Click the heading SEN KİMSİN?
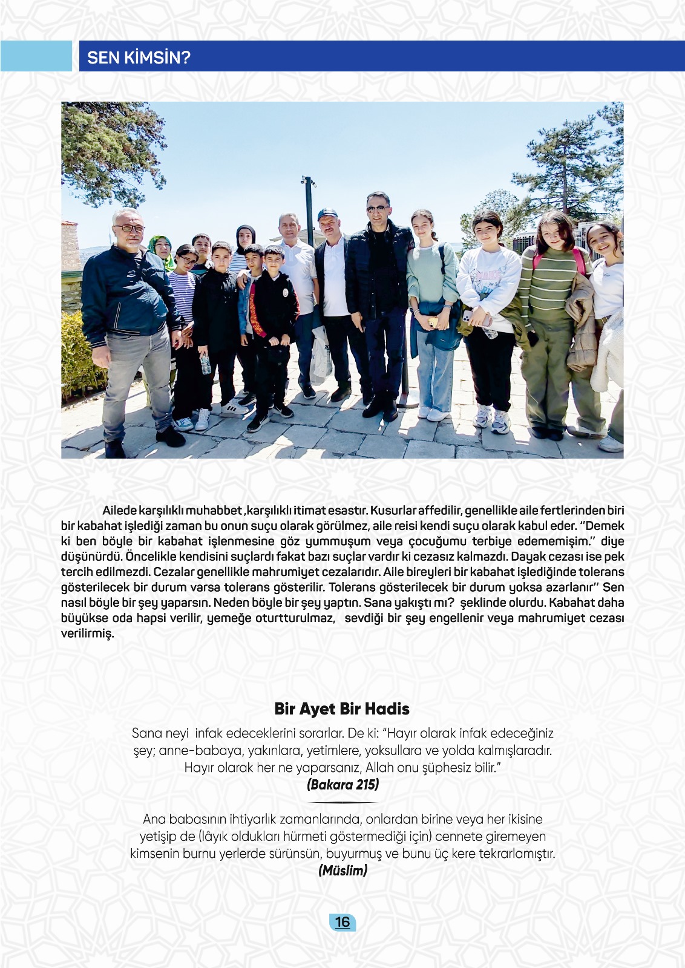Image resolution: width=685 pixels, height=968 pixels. pos(139,57)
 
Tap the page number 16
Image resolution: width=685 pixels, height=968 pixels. pos(342,921)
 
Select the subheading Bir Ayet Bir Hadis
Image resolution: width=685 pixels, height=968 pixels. pos(342,708)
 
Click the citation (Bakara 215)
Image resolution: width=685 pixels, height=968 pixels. pos(342,785)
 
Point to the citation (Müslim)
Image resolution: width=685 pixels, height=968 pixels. pos(342,871)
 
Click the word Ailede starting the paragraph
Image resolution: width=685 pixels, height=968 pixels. pos(120,511)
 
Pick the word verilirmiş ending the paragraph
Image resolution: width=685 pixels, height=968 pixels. pos(87,633)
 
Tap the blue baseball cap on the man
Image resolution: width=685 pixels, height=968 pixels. pos(327,214)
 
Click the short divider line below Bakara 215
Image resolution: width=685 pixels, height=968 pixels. pos(342,802)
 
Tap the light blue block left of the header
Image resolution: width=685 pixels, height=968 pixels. pos(36,56)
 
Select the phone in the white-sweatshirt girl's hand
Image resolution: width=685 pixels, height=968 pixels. pos(467,316)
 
